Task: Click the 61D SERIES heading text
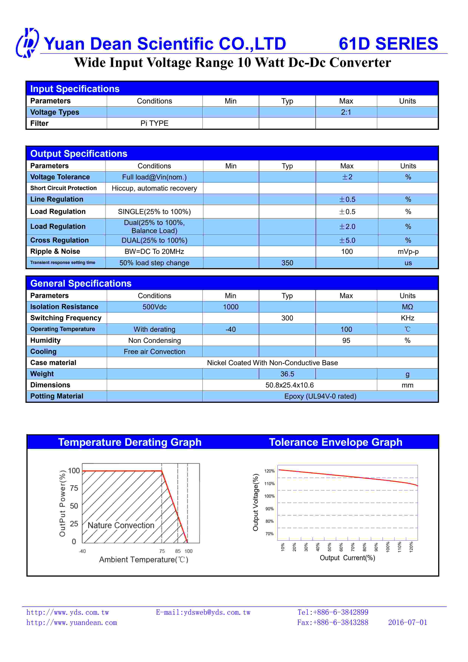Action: click(x=388, y=44)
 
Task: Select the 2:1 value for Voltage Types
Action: click(x=346, y=112)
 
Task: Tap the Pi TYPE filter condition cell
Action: click(x=154, y=123)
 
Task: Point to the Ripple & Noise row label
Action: click(x=55, y=251)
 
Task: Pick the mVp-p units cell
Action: click(x=408, y=252)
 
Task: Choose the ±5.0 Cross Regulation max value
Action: click(x=347, y=241)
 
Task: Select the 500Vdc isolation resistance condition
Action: click(x=154, y=307)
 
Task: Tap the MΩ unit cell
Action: click(x=407, y=307)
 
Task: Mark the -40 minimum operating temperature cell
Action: click(x=231, y=329)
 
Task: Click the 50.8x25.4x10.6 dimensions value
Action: click(x=289, y=385)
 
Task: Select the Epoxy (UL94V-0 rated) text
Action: click(x=320, y=396)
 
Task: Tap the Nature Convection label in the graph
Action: click(x=121, y=525)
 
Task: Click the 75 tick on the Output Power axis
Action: click(x=74, y=488)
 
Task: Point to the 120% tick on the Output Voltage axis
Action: click(x=269, y=471)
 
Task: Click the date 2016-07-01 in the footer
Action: click(x=407, y=623)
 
